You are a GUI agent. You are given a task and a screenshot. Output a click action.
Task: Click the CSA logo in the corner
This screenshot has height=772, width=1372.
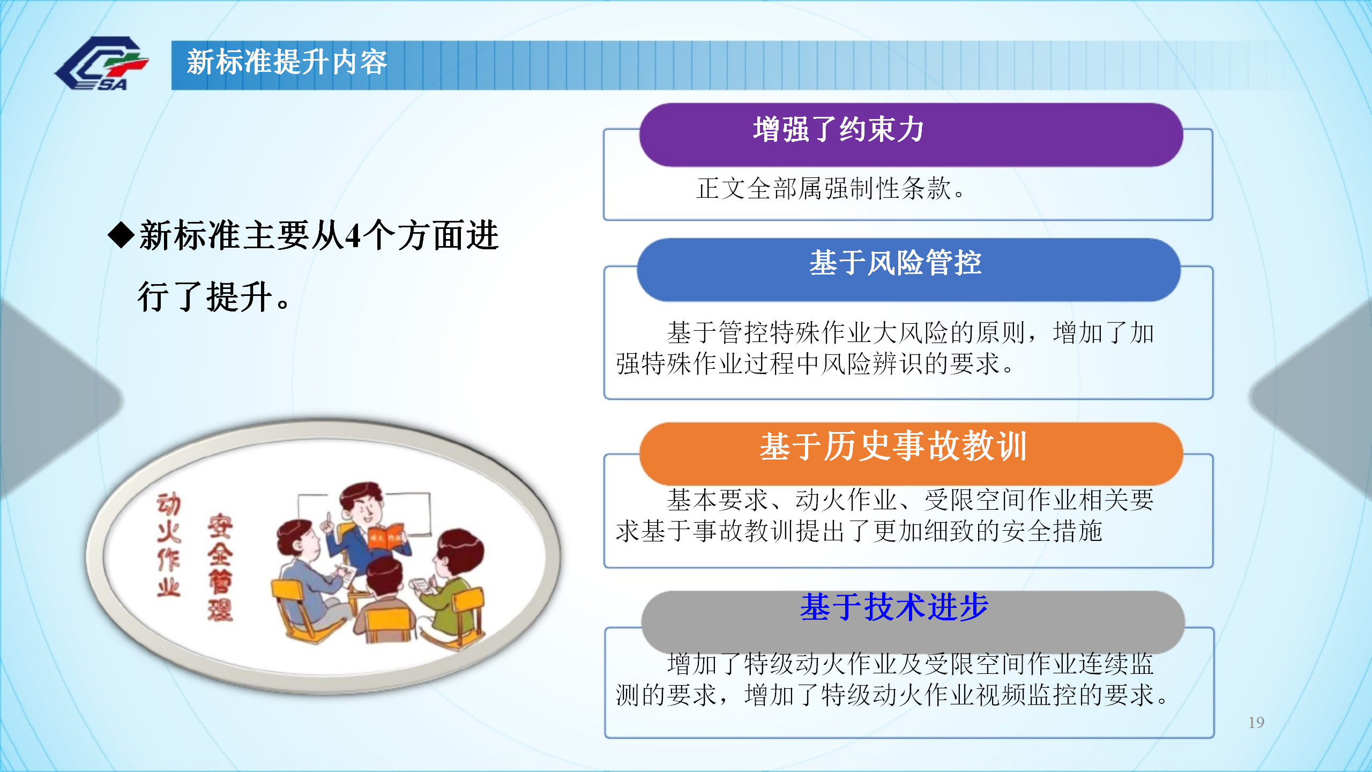point(101,63)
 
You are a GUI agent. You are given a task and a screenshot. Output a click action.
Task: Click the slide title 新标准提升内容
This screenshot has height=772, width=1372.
point(287,62)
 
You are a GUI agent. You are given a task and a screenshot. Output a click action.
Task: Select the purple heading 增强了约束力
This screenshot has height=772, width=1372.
point(839,130)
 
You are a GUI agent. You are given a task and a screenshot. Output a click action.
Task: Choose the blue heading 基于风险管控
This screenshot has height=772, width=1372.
point(896,263)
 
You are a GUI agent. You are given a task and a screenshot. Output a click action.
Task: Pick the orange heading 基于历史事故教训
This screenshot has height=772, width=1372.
point(893,446)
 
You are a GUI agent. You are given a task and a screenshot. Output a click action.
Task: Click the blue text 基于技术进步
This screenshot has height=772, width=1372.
point(894,607)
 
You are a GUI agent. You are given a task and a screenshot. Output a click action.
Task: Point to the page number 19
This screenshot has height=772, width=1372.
point(1256,722)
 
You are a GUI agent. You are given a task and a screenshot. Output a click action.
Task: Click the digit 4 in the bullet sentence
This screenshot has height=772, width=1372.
point(353,236)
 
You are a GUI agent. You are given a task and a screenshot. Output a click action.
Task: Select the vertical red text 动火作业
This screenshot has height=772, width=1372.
point(169,545)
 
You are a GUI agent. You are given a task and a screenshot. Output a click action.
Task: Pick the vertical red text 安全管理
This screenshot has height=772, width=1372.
point(220,567)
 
